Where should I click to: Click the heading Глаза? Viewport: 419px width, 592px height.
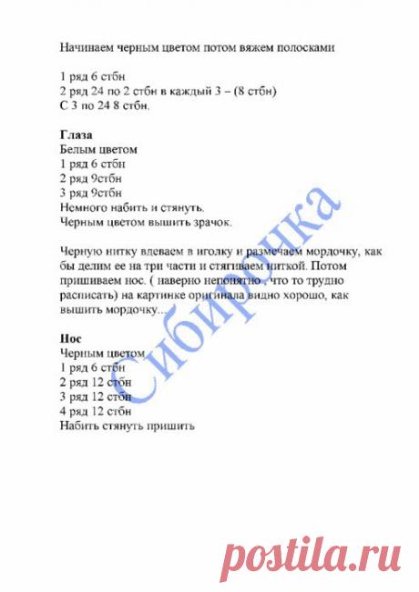pos(76,134)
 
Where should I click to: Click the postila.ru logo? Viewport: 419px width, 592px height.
pos(313,551)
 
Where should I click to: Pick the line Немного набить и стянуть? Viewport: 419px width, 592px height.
pos(131,206)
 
